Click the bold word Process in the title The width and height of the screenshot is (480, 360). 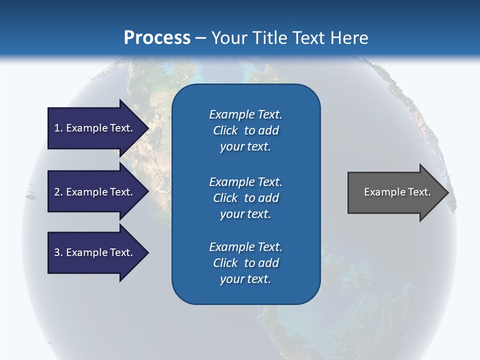[157, 38]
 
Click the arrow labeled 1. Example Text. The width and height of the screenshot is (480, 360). [95, 128]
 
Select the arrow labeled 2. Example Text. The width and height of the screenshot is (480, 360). [95, 192]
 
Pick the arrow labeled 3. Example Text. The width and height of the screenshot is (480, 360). [95, 252]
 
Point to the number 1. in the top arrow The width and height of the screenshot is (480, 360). [58, 128]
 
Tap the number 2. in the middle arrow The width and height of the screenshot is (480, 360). [58, 192]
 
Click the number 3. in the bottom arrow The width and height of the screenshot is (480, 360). [58, 252]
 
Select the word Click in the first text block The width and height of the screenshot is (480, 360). [225, 130]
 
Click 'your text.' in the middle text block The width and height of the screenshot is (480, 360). [245, 214]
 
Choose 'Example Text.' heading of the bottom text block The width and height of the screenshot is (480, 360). [245, 247]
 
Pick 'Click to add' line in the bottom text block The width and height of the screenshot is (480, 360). [245, 263]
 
